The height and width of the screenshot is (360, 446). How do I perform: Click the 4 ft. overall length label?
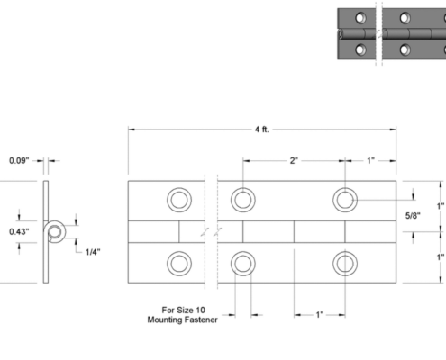coord(262,130)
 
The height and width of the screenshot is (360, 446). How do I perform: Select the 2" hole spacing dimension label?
coord(294,161)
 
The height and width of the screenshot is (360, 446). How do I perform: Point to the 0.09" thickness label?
coord(19,160)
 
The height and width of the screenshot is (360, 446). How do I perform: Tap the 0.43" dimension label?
coord(19,231)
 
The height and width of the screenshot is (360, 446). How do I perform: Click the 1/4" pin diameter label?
coord(93,252)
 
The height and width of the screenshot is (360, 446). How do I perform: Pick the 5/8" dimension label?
coord(413,215)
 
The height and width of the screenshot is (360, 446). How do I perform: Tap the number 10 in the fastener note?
coord(200,310)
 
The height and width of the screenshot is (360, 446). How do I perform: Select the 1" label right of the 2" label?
coord(370,161)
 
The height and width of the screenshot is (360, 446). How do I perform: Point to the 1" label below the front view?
coord(320,315)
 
